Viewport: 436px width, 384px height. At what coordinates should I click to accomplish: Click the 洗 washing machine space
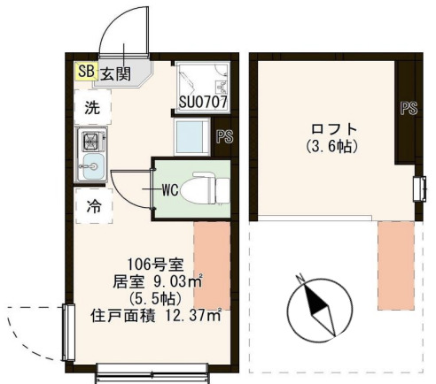pos(92,108)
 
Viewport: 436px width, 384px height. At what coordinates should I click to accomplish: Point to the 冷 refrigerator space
pos(92,207)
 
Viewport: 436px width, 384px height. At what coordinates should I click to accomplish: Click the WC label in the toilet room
pos(171,188)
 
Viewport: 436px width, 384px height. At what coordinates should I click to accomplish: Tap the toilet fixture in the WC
pos(209,188)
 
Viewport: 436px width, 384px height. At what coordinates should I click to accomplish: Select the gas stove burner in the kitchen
pos(91,140)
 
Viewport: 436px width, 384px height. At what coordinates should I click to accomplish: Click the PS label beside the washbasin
pos(224,136)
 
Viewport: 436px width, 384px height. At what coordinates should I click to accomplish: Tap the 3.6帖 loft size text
pos(331,145)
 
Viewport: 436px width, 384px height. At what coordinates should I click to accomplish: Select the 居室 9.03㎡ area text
pos(152,282)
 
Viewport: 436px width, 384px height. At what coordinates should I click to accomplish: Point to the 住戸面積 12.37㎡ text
pos(155,313)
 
